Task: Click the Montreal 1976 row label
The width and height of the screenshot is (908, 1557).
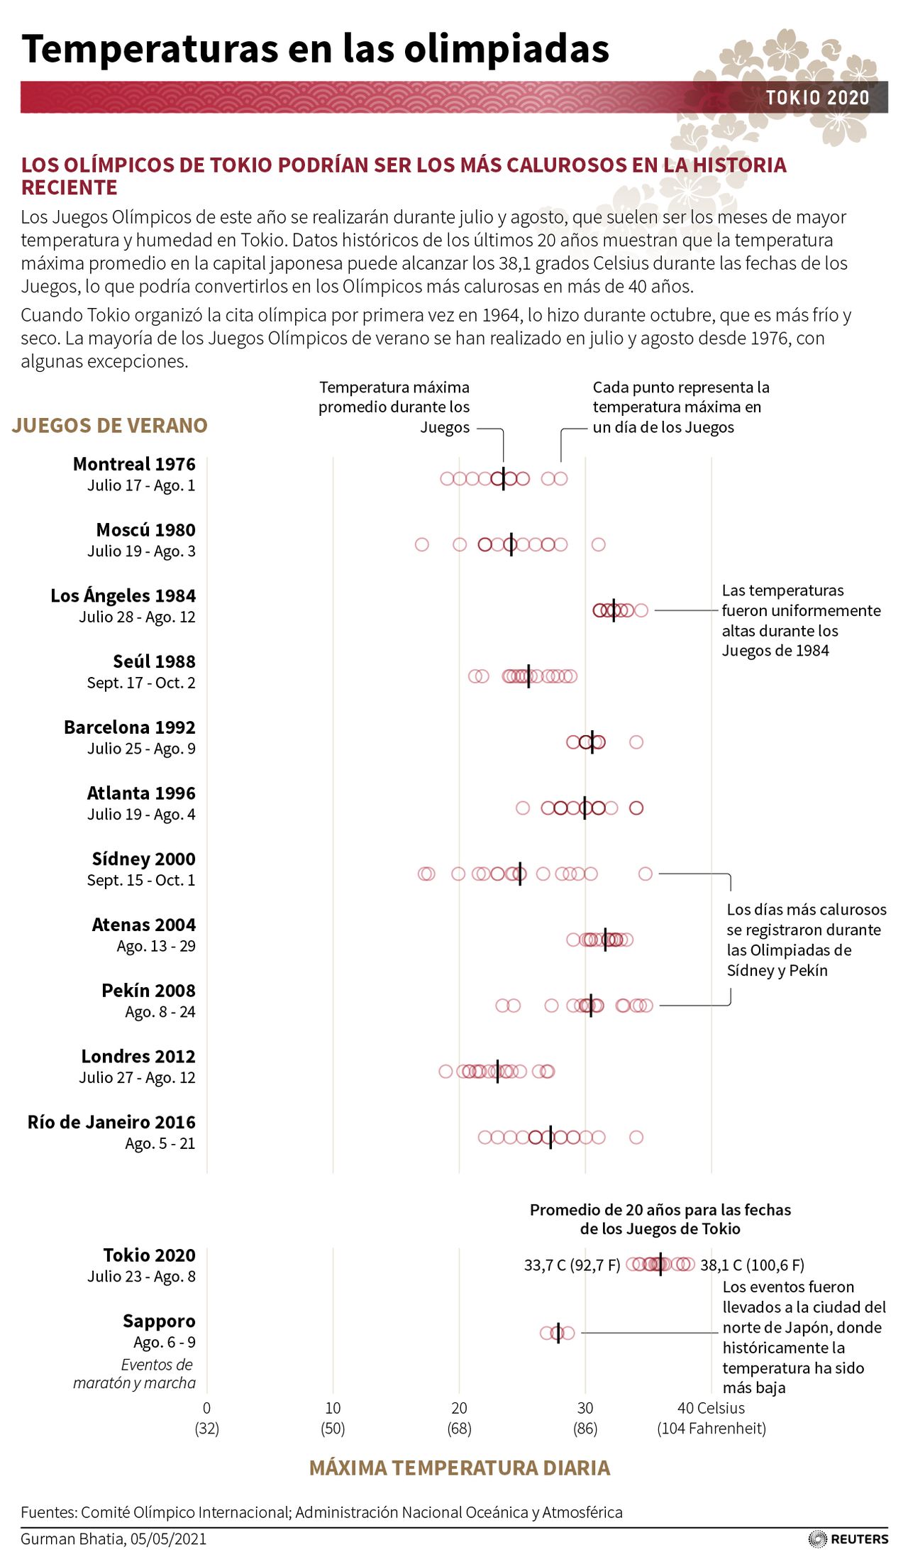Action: (134, 464)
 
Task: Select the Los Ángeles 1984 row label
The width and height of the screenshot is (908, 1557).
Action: (123, 595)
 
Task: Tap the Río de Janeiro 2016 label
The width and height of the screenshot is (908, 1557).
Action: (111, 1122)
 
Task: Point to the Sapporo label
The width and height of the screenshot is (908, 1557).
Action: (159, 1321)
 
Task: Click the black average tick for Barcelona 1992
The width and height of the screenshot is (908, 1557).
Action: (592, 742)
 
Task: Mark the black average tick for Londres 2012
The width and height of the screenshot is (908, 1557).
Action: (497, 1071)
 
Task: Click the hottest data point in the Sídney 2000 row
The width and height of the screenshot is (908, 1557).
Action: (645, 874)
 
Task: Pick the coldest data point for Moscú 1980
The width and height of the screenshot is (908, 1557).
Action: (421, 544)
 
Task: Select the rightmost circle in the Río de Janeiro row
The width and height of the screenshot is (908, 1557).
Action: (636, 1137)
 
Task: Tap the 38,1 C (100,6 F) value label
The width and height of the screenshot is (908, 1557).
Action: (752, 1265)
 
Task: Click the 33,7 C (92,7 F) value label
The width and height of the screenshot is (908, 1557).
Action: (572, 1265)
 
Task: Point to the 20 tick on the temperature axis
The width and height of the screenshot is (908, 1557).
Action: (459, 1408)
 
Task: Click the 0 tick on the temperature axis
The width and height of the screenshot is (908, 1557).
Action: (206, 1408)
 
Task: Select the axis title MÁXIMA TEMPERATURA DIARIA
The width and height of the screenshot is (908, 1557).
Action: (460, 1468)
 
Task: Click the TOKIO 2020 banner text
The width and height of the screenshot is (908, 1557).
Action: (817, 98)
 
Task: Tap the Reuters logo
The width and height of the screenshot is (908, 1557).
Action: (848, 1539)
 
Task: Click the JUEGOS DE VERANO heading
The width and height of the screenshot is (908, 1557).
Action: (110, 425)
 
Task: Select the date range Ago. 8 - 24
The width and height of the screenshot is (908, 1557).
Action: (160, 1011)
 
